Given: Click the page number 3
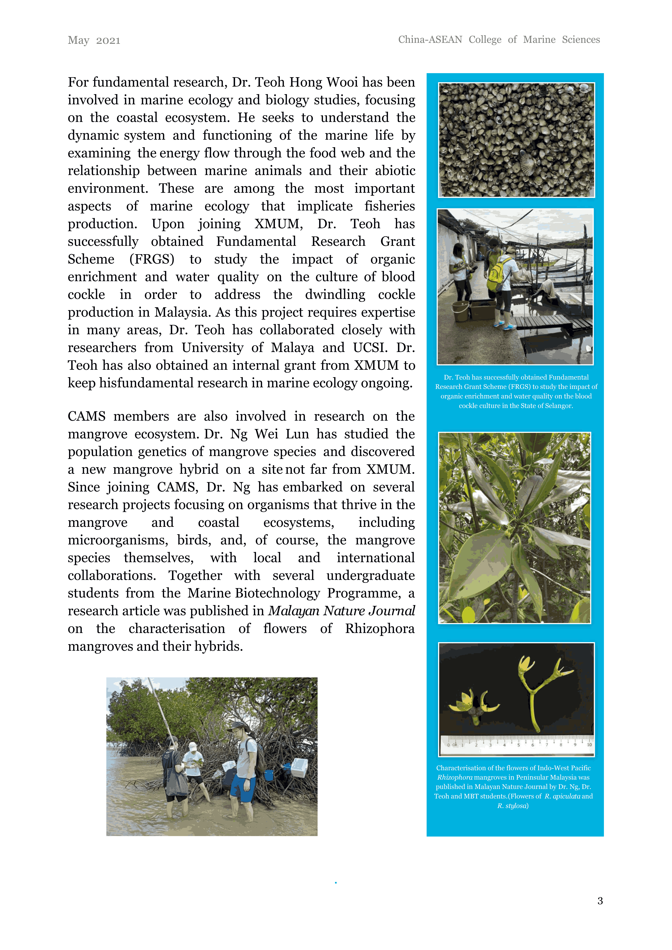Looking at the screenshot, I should (x=600, y=901).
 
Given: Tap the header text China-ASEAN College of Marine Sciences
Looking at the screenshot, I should (x=499, y=40).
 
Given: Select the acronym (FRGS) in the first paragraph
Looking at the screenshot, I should (x=152, y=259).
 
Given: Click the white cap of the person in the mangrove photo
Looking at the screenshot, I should (x=192, y=746).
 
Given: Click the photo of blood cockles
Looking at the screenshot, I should (x=516, y=140).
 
